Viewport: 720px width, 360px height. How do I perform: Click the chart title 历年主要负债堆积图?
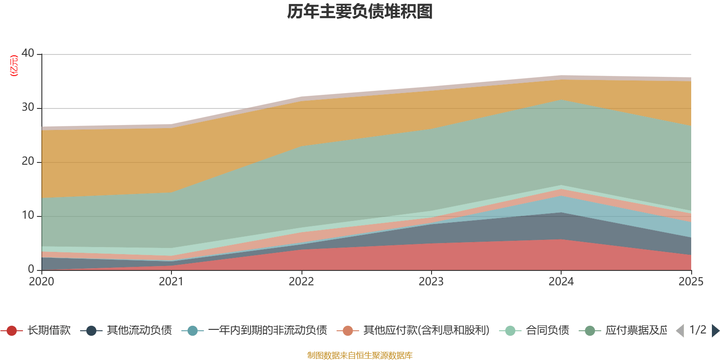click(360, 12)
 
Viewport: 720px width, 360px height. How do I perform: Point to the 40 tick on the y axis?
click(28, 54)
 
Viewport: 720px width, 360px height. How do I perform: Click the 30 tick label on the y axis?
click(28, 108)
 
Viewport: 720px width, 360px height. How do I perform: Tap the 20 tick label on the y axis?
click(28, 162)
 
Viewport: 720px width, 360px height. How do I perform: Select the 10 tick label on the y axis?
click(28, 216)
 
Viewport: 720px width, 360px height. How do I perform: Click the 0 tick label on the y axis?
click(31, 270)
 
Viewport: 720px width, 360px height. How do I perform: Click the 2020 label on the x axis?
click(41, 282)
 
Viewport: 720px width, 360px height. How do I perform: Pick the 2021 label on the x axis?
click(171, 282)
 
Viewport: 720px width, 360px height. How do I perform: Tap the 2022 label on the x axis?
click(301, 282)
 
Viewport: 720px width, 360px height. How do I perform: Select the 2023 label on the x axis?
click(431, 282)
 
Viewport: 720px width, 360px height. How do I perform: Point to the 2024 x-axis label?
click(561, 282)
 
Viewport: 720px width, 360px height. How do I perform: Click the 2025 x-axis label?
click(691, 282)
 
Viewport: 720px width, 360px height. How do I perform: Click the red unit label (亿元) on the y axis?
click(14, 66)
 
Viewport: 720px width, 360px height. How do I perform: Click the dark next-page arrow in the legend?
click(715, 331)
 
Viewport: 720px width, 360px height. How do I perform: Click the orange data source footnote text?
click(360, 355)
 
